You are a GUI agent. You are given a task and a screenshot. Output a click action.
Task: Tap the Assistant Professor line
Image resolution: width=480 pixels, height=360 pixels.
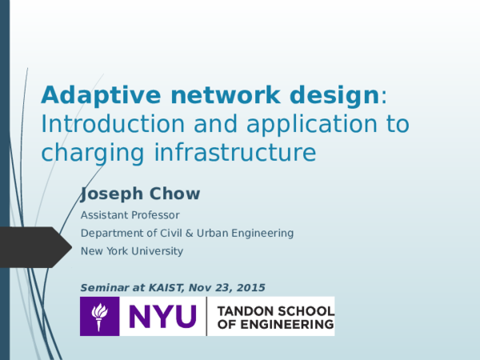(x=130, y=215)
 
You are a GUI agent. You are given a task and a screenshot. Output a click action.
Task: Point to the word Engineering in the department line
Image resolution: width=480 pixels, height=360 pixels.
(x=265, y=234)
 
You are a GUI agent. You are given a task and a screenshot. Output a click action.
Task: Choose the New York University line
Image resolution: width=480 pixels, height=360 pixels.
(x=132, y=250)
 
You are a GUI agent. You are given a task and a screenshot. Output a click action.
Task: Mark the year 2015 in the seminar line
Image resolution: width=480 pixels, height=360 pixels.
(x=251, y=287)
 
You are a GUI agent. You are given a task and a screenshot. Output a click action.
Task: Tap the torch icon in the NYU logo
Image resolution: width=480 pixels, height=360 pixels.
(x=99, y=316)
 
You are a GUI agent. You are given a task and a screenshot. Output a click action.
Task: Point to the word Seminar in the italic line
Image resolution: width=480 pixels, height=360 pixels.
(x=107, y=287)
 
